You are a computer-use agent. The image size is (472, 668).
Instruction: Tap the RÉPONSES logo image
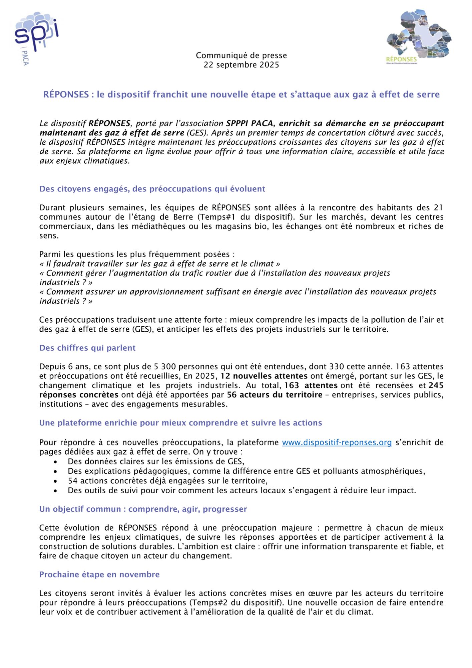419,37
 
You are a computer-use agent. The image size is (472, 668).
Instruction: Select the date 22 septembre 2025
241,65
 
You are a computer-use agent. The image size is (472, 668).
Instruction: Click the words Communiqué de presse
241,55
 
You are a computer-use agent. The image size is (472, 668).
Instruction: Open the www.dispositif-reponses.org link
337,443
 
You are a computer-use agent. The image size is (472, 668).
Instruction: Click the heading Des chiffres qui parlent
87,348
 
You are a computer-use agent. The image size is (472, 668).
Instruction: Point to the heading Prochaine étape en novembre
99,574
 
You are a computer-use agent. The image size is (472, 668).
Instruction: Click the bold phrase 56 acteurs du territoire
275,395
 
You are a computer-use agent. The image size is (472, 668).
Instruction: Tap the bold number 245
436,385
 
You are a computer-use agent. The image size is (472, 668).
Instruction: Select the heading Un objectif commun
143,509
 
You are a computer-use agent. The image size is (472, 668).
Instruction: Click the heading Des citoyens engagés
152,189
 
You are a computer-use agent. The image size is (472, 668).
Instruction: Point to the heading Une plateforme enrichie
180,423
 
